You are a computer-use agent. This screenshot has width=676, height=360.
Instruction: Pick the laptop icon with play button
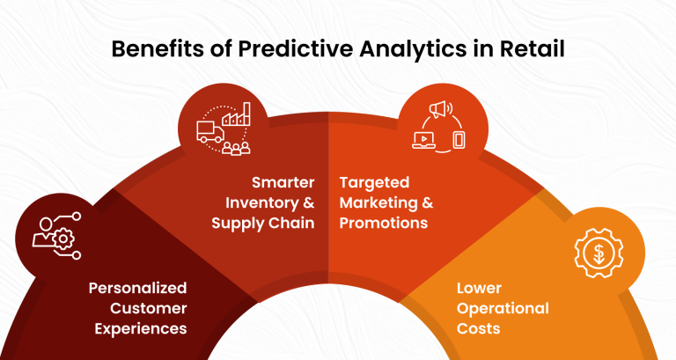click(423, 139)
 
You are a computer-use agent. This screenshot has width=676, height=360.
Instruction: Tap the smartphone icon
click(458, 139)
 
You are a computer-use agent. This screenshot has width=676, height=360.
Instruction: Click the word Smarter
click(283, 183)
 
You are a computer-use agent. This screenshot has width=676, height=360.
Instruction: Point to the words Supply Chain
click(263, 223)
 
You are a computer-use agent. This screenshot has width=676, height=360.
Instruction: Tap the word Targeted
click(375, 183)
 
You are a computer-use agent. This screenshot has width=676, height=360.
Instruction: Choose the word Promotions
click(384, 223)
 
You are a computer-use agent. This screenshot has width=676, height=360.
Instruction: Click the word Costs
click(478, 328)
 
